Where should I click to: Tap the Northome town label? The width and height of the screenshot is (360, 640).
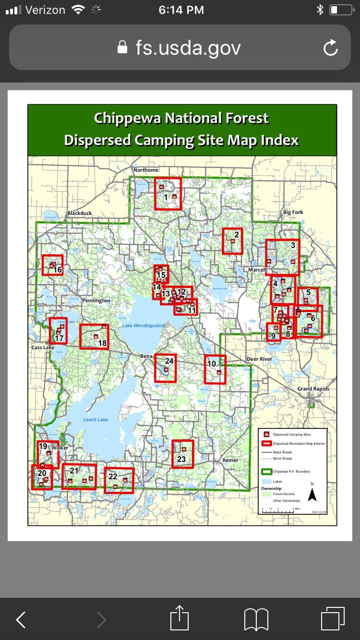(x=145, y=170)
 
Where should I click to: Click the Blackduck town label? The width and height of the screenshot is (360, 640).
(x=80, y=213)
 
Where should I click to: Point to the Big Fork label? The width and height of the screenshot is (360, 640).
(x=293, y=212)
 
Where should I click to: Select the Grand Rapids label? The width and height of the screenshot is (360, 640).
(x=313, y=389)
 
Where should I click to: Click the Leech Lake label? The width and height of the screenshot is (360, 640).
(x=96, y=419)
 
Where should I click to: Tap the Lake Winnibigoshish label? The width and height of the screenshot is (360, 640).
(x=143, y=326)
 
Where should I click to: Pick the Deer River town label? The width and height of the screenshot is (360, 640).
(x=259, y=359)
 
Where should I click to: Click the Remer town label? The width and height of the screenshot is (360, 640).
(x=230, y=460)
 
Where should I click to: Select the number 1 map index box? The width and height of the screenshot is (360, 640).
(x=168, y=193)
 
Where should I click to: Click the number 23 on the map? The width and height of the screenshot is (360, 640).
(x=181, y=459)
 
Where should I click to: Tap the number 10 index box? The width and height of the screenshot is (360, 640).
(x=215, y=369)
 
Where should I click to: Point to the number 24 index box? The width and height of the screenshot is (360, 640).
(x=166, y=368)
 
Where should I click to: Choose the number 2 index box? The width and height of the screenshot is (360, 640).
(x=232, y=240)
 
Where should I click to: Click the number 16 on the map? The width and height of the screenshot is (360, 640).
(x=58, y=270)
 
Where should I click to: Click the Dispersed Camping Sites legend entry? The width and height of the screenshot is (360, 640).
(x=291, y=435)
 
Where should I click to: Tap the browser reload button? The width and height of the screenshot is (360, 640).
(x=331, y=48)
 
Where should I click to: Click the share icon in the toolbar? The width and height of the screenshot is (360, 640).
(x=180, y=619)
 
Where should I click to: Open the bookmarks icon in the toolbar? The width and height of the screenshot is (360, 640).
(x=256, y=619)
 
